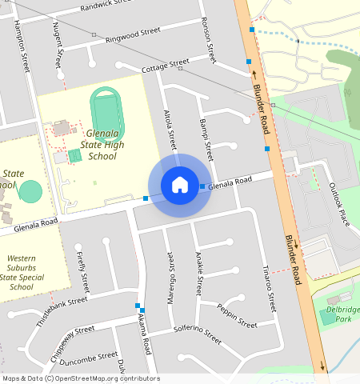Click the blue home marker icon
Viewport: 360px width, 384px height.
point(180,185)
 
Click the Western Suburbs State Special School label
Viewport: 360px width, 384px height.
point(22,272)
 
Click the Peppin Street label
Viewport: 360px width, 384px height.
point(237,319)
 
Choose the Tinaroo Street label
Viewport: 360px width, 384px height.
point(270,289)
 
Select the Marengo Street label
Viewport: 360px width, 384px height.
point(170,275)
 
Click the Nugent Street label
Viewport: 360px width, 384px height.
point(58,46)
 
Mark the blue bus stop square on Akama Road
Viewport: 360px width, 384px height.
point(138,306)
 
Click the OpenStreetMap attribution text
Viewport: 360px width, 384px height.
point(80,378)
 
